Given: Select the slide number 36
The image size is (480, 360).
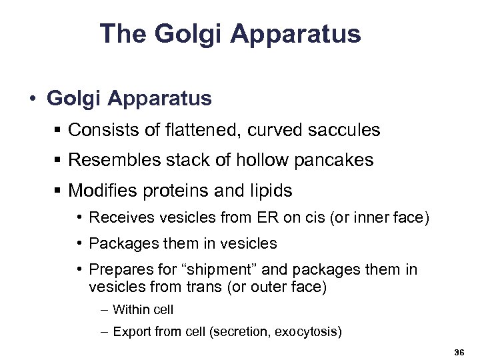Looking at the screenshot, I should point(458,351).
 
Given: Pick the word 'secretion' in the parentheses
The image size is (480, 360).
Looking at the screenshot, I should point(236,331).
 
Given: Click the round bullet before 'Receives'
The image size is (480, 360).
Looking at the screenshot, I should point(79,218).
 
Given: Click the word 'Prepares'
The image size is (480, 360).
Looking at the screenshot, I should point(117,269).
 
